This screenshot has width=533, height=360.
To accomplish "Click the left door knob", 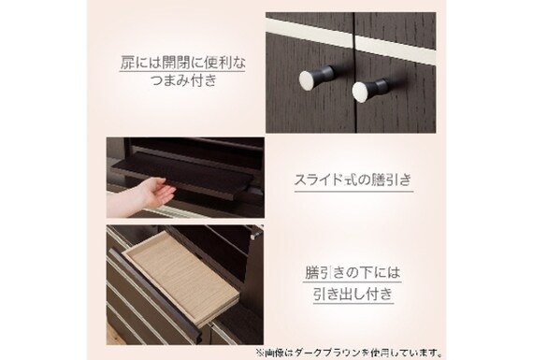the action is (x=315, y=79).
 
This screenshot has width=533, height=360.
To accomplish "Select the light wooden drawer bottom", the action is (x=180, y=274).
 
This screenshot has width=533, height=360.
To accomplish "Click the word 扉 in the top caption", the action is (x=127, y=64).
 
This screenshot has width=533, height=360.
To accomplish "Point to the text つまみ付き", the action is (x=183, y=81).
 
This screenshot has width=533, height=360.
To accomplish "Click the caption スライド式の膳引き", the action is (x=353, y=180).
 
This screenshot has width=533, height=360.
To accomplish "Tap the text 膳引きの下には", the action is (x=353, y=273).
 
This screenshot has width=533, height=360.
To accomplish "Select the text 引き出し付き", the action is (x=353, y=294).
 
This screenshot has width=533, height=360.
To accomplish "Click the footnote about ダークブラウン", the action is (x=349, y=353).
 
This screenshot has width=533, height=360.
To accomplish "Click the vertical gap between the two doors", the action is (x=353, y=72).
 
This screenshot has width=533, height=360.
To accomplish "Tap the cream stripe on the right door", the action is (x=396, y=50).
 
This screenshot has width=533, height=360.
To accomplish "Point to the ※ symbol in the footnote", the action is (x=259, y=353).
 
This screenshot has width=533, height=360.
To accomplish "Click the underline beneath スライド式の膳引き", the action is (x=353, y=191).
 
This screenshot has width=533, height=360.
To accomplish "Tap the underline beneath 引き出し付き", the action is (x=353, y=303).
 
